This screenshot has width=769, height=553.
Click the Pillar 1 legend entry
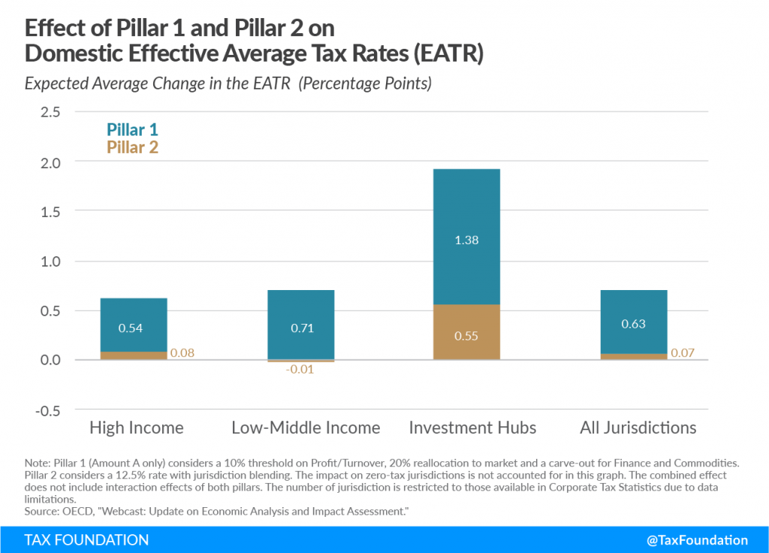click(132, 129)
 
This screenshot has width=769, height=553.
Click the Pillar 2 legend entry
click(132, 147)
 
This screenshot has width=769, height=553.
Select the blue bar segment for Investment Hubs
click(466, 237)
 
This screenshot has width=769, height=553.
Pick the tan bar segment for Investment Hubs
click(466, 332)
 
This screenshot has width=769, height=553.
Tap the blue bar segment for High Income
click(134, 325)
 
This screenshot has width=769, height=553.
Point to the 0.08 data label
click(182, 352)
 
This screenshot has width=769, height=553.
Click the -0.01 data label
click(300, 370)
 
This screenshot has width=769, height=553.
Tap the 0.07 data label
click(683, 352)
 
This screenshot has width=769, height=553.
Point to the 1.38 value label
click(466, 240)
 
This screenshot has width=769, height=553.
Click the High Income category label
click(136, 428)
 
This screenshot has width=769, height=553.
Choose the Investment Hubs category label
click(472, 428)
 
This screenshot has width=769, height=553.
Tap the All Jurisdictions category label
click(638, 428)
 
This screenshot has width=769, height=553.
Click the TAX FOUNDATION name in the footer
click(86, 539)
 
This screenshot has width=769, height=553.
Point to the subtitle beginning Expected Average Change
click(228, 83)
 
